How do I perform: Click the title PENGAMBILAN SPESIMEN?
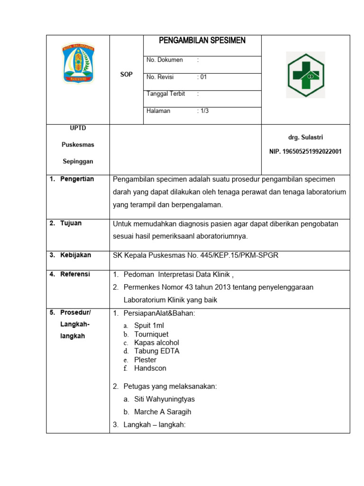click(x=202, y=41)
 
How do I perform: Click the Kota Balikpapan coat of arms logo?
click(x=78, y=63)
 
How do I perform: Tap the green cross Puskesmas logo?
click(x=306, y=75)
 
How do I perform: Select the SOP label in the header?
click(x=126, y=75)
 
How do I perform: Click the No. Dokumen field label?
click(x=165, y=60)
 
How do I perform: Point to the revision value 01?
click(x=202, y=77)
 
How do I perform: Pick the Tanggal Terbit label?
click(x=166, y=94)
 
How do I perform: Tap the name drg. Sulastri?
click(x=306, y=137)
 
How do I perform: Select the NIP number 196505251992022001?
click(x=305, y=152)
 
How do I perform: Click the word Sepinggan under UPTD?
click(x=78, y=161)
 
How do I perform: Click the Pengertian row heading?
click(x=77, y=179)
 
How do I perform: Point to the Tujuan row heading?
click(x=71, y=223)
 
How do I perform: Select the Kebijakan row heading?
click(x=75, y=255)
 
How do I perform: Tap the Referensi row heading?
click(x=75, y=274)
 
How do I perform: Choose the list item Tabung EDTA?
click(x=156, y=351)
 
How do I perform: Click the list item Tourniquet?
click(x=151, y=334)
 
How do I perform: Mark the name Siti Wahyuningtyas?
click(x=164, y=399)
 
